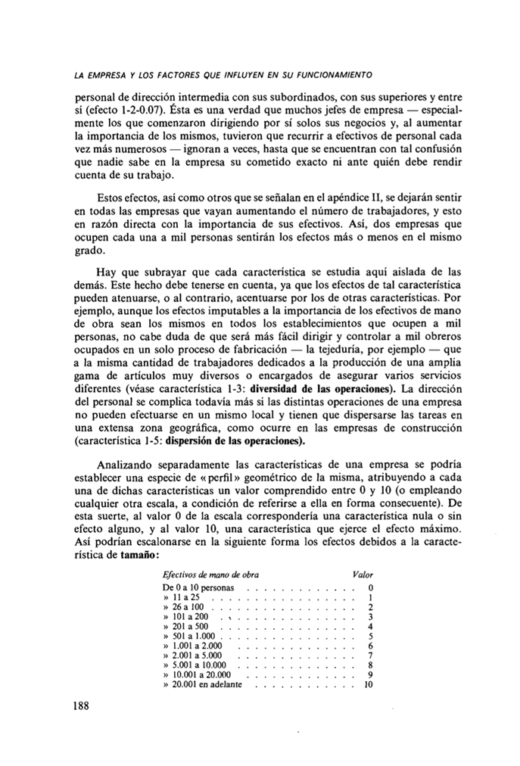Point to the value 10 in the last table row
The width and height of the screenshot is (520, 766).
point(369,685)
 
